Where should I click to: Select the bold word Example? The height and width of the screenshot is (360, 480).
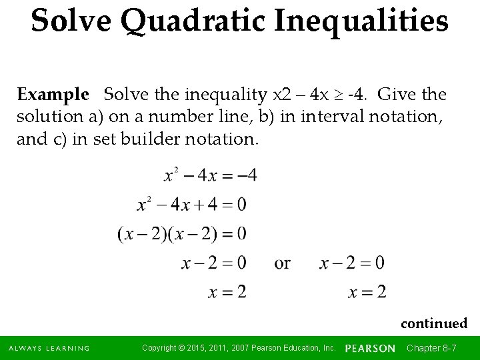pyautogui.click(x=53, y=94)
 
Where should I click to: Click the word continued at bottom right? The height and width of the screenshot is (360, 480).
pyautogui.click(x=434, y=323)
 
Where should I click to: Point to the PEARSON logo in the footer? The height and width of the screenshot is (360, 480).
pyautogui.click(x=371, y=348)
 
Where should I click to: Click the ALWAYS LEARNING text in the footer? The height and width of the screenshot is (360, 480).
pyautogui.click(x=49, y=348)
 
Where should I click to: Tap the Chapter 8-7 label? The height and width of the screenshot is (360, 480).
pyautogui.click(x=431, y=348)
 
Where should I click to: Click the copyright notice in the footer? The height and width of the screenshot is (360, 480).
pyautogui.click(x=239, y=348)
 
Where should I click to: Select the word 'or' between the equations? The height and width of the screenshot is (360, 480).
pyautogui.click(x=282, y=263)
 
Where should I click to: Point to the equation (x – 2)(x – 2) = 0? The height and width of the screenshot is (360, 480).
pyautogui.click(x=182, y=233)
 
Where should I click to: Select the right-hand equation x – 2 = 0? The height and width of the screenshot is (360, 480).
pyautogui.click(x=352, y=263)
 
